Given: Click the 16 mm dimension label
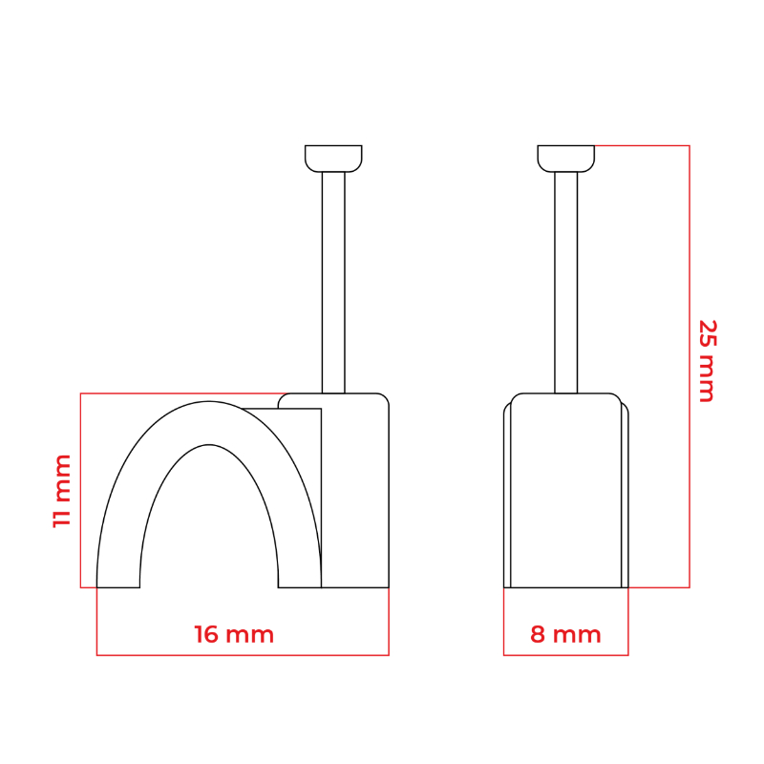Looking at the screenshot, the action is tap(234, 634).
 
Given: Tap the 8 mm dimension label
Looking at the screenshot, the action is tap(565, 634).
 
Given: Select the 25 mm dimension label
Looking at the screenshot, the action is tap(707, 361).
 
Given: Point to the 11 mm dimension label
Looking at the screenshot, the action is tap(62, 491).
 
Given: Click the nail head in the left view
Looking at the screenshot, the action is tap(333, 159).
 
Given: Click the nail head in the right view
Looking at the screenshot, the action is tap(565, 159).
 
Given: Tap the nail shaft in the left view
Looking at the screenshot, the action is tap(333, 283).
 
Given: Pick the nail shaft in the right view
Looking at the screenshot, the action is tap(565, 283).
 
